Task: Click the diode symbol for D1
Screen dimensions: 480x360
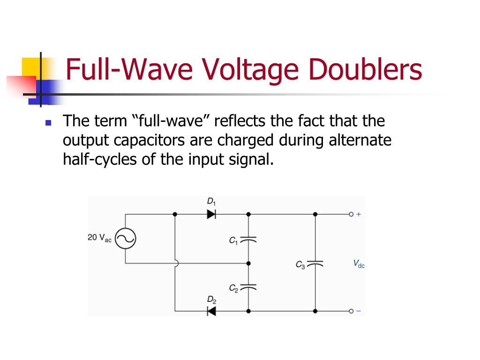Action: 211,214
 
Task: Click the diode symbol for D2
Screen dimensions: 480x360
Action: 211,311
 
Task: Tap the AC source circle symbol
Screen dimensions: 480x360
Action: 126,239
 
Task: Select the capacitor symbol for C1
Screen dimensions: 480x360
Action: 248,240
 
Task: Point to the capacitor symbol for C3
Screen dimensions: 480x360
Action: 315,263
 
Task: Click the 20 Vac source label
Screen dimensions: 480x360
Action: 99,238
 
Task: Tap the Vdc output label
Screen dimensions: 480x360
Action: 359,263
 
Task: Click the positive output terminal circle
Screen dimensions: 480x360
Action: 351,214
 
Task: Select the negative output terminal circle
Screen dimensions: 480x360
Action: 351,311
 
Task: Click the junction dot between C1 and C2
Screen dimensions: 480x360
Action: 248,263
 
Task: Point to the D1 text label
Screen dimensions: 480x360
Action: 211,202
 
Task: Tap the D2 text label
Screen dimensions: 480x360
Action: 211,300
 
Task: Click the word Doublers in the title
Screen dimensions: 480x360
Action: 366,69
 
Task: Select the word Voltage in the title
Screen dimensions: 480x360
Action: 249,70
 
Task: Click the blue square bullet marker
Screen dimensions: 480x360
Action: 48,123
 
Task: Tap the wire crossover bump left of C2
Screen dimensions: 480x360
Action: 177,263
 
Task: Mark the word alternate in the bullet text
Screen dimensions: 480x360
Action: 360,140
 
